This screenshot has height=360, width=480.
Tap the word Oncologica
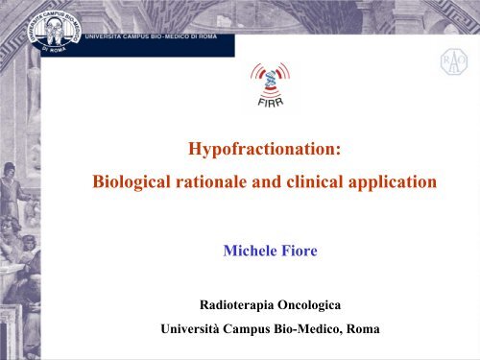click(316, 307)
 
